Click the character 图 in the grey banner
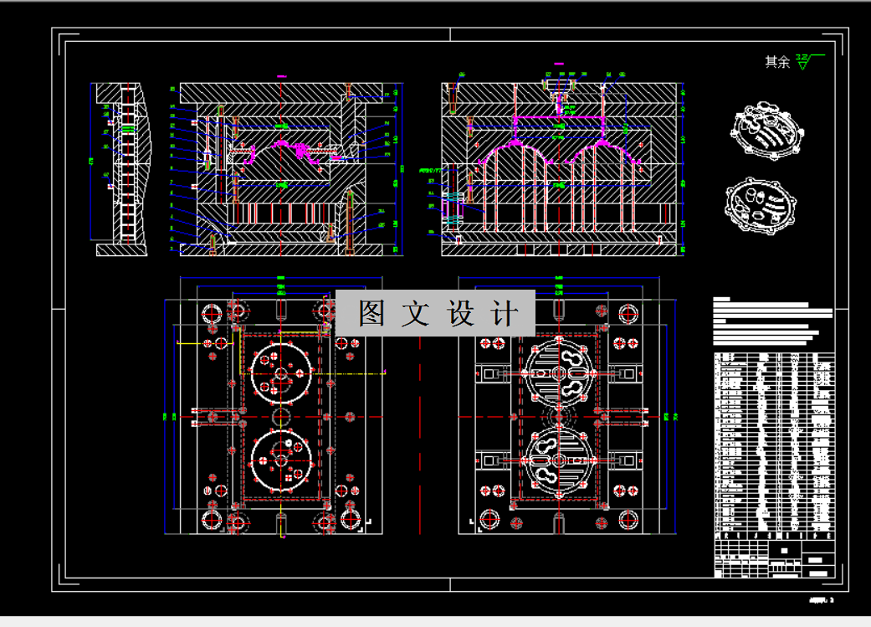(x=371, y=314)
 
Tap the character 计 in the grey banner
(x=505, y=314)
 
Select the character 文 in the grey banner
(x=416, y=314)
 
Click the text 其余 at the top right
(x=776, y=62)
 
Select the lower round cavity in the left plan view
(x=282, y=460)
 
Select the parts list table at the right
(x=774, y=444)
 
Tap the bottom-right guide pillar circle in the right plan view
(x=627, y=521)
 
